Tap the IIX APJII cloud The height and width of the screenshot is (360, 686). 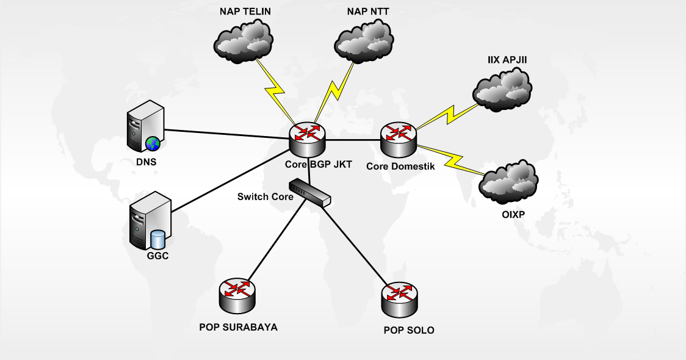coord(502,90)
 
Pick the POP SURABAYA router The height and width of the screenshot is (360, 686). coord(237,295)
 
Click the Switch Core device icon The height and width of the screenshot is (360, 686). coord(310,192)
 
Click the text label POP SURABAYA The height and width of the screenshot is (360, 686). coord(238,327)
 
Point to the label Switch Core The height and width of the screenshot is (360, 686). coord(265,196)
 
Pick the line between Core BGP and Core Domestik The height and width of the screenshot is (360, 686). coord(353,140)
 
